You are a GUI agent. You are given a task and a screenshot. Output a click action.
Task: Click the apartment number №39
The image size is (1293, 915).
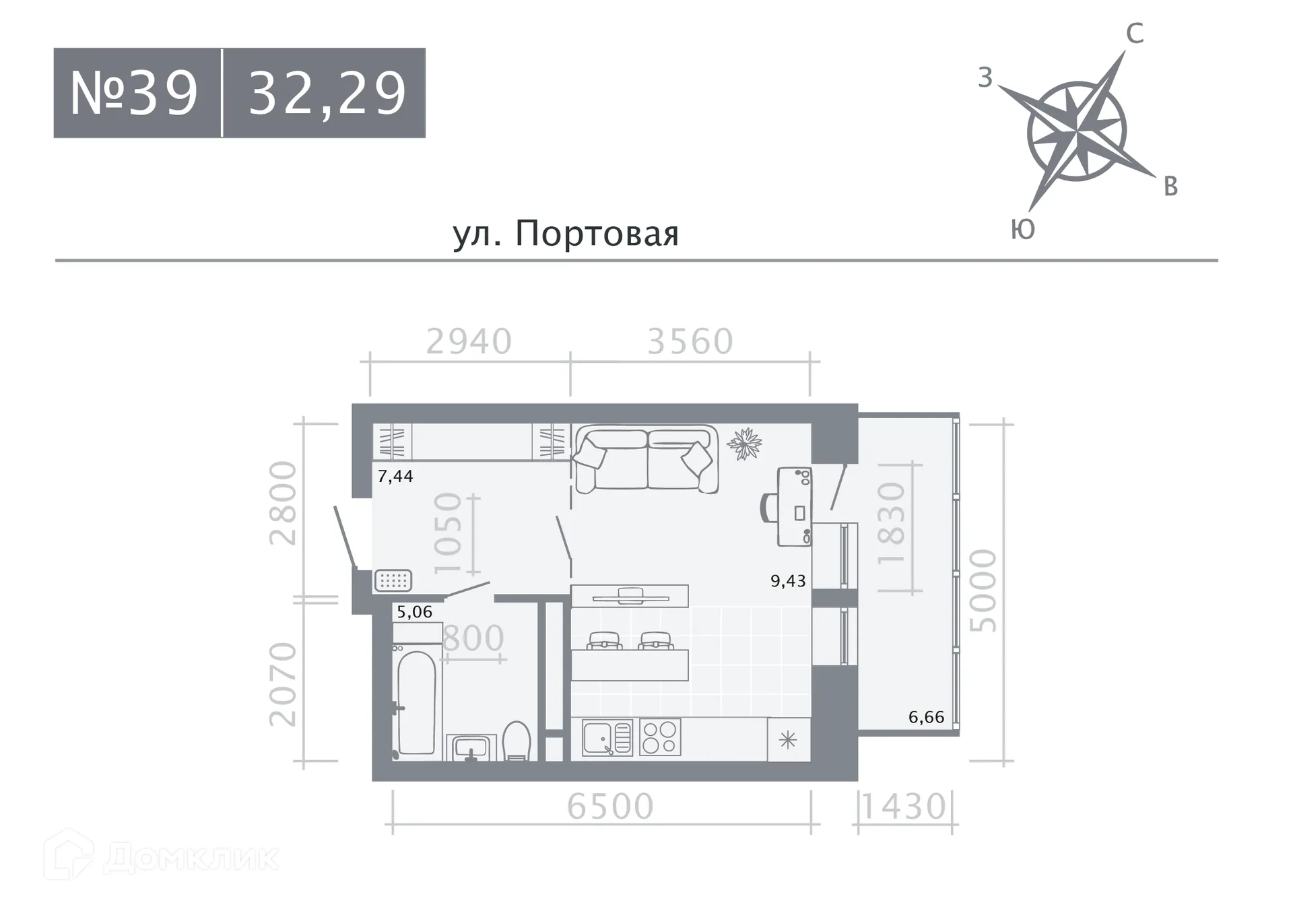[x=135, y=93]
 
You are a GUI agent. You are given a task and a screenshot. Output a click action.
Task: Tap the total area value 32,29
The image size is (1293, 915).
[x=327, y=93]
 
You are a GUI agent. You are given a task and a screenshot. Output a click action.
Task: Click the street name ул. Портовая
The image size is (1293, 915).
[x=566, y=234]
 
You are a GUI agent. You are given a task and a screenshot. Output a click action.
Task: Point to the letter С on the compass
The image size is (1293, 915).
[x=1135, y=34]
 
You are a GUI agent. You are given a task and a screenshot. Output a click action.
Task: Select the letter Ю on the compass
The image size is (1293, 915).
[x=1023, y=230]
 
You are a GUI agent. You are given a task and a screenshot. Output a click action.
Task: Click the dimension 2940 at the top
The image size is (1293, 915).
[x=469, y=341]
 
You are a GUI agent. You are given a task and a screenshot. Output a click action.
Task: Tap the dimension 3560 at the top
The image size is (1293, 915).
[x=690, y=341]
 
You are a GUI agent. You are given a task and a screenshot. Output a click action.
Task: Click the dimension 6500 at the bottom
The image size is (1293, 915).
[x=610, y=806]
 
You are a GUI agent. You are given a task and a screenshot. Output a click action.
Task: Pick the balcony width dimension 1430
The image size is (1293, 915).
[x=904, y=807]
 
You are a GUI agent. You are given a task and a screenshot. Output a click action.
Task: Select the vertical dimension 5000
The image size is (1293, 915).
[x=983, y=590]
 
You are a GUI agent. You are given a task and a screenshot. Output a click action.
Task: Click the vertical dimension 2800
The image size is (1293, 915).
[x=283, y=502]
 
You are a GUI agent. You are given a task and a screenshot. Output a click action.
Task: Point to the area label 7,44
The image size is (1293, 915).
[x=395, y=477]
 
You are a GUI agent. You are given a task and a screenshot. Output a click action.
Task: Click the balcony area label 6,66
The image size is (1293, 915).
[x=926, y=717]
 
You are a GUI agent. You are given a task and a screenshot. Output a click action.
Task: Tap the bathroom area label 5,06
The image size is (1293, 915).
[x=414, y=612]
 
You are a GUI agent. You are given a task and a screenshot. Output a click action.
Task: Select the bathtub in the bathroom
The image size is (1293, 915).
[x=417, y=702]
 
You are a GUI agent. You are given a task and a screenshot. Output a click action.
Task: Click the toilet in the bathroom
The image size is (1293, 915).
[x=517, y=742]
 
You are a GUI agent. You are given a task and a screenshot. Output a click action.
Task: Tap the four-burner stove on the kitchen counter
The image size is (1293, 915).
[x=660, y=737]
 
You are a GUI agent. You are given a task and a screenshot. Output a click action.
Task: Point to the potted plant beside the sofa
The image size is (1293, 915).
[x=744, y=444]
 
